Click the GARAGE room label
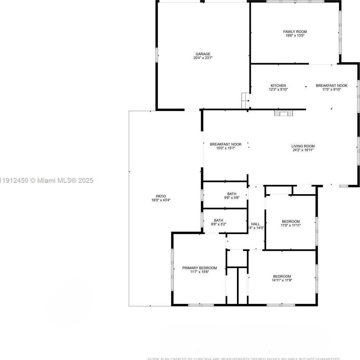click(x=203, y=54)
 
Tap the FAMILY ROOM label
click(x=295, y=32)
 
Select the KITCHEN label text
click(x=278, y=86)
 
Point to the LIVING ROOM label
click(x=303, y=146)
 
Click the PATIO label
click(x=161, y=196)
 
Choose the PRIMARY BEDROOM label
click(x=199, y=268)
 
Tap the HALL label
click(x=256, y=224)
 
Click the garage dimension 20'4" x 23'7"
click(x=203, y=58)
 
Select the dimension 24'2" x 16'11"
click(x=303, y=150)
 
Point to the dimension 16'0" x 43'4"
click(x=161, y=200)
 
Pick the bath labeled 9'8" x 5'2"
click(x=218, y=222)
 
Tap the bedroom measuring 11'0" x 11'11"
click(x=291, y=223)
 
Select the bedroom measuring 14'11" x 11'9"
click(x=282, y=278)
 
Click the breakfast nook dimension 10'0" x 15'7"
click(x=226, y=148)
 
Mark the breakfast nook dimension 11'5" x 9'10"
click(x=331, y=89)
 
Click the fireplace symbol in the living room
click(x=283, y=113)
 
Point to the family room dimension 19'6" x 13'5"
click(x=295, y=36)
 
